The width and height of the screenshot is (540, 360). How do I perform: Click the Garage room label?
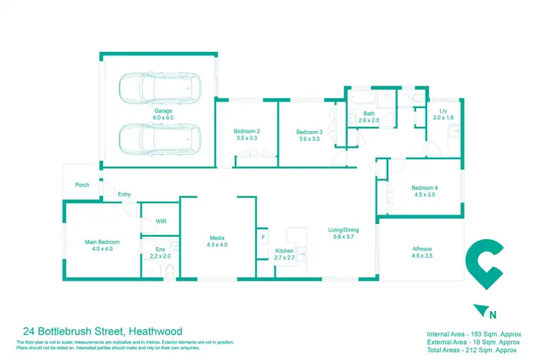pyautogui.click(x=163, y=114)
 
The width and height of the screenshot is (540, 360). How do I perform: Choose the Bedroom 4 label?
pyautogui.click(x=426, y=191)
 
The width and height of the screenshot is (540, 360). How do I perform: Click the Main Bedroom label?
pyautogui.click(x=102, y=245)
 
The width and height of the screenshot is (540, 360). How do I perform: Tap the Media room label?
pyautogui.click(x=217, y=240)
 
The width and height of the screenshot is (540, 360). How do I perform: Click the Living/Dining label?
pyautogui.click(x=346, y=233)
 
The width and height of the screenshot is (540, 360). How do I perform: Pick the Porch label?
pyautogui.click(x=82, y=185)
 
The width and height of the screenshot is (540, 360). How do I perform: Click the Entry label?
pyautogui.click(x=125, y=194)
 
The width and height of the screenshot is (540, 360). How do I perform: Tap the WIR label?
pyautogui.click(x=161, y=221)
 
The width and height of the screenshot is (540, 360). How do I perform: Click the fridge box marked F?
pyautogui.click(x=264, y=237)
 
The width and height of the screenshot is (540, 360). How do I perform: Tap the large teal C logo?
pyautogui.click(x=482, y=267)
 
